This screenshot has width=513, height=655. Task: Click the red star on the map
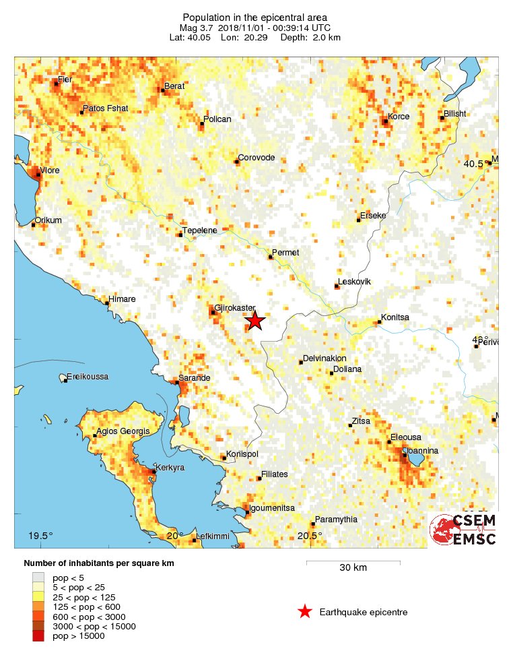tap(254, 321)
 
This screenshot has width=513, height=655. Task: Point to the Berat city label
tap(174, 86)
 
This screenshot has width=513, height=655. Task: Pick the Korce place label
tap(399, 117)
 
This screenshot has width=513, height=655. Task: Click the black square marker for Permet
tap(270, 257)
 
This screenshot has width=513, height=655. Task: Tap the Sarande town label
tap(194, 378)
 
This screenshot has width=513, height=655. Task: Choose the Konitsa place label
tap(395, 317)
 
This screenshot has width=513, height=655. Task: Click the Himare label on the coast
tap(123, 299)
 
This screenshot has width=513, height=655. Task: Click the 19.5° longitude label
tap(40, 536)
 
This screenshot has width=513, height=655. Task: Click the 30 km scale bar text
tap(353, 568)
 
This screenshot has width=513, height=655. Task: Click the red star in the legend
tap(305, 612)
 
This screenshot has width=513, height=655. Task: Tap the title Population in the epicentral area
tap(255, 17)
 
